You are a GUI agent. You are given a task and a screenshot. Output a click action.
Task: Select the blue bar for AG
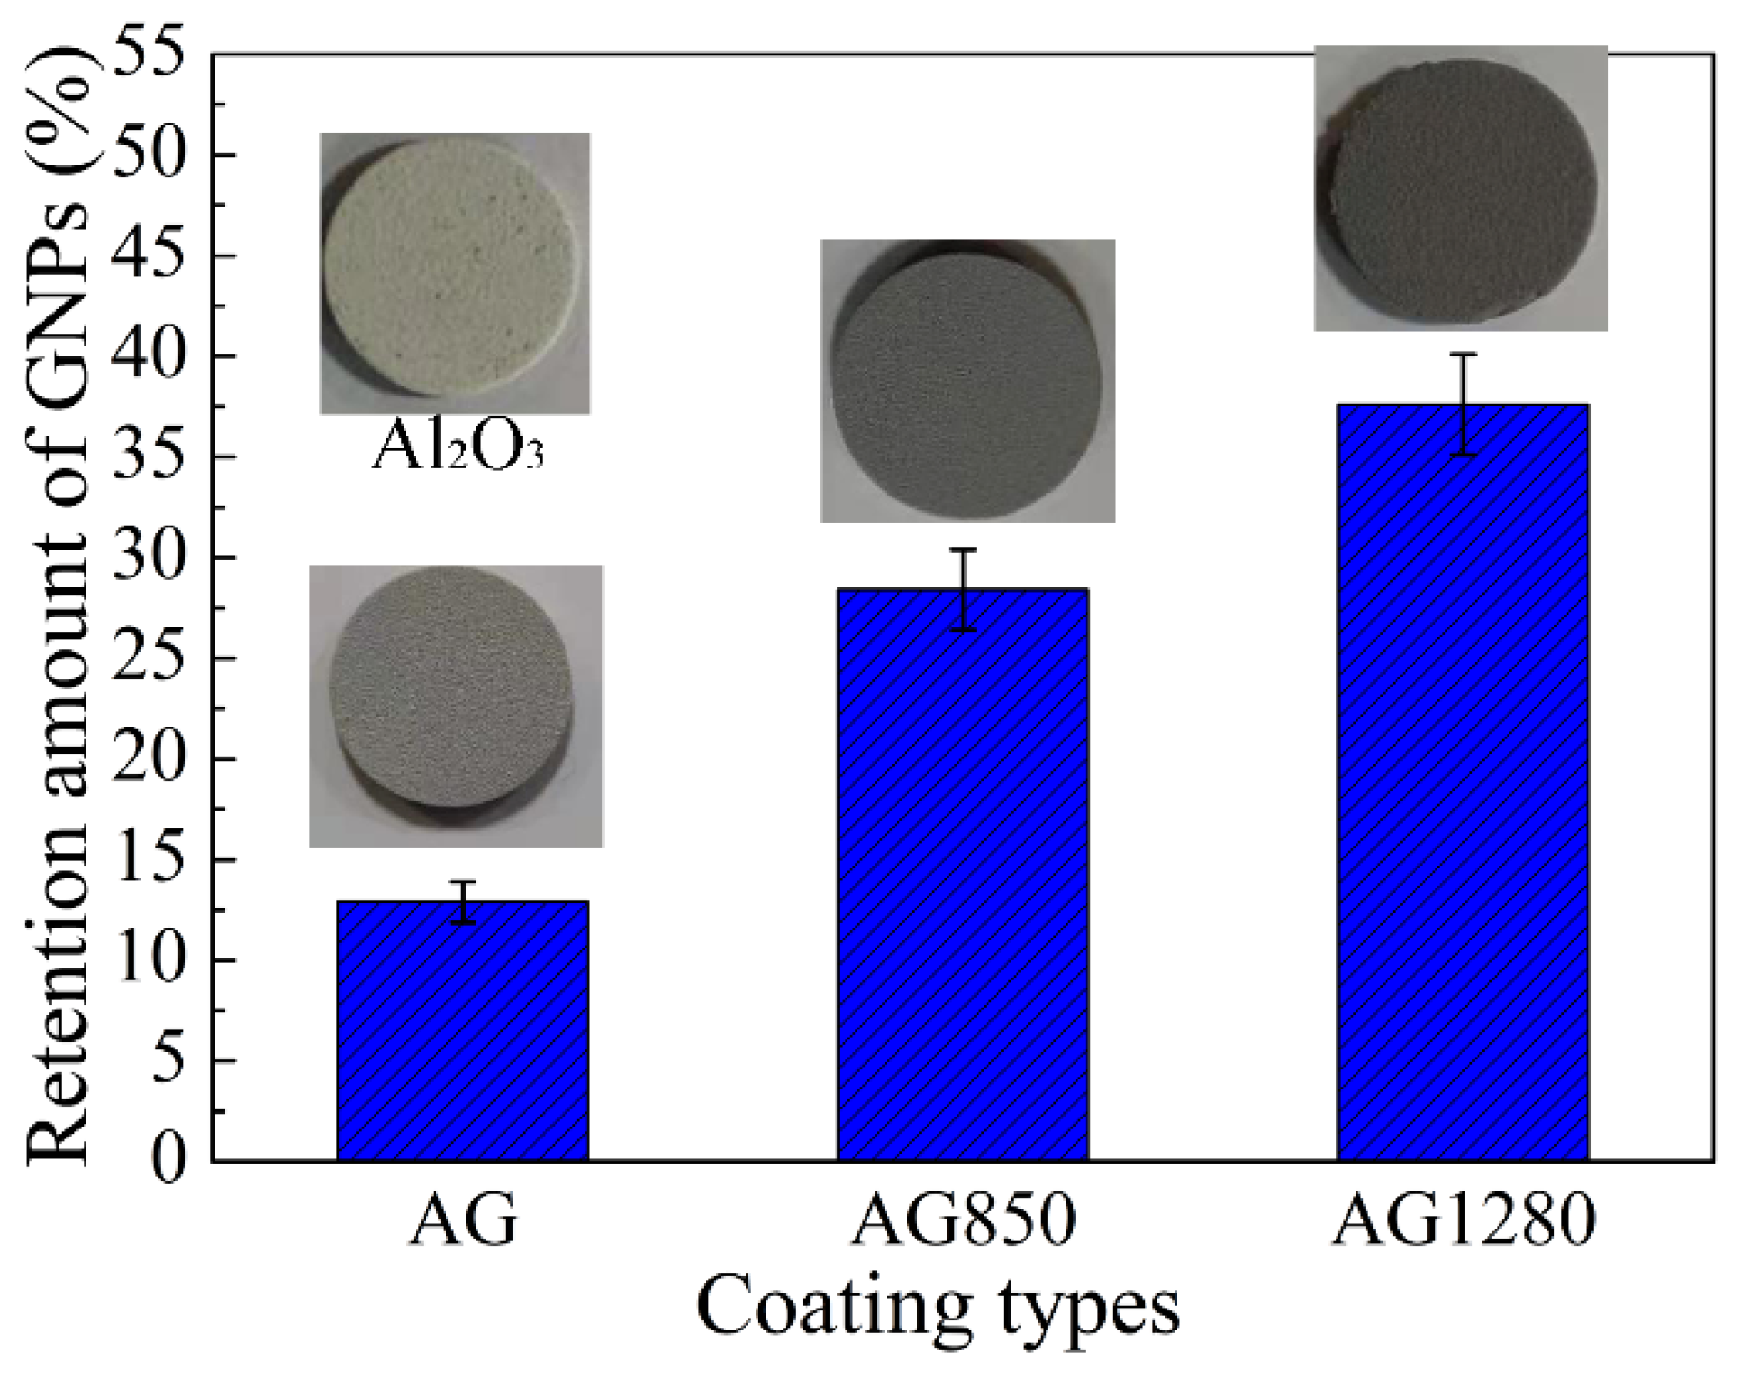[463, 1031]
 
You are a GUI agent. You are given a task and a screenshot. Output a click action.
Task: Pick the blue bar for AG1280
[1463, 782]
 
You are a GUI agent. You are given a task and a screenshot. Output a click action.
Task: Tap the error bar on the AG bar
[464, 902]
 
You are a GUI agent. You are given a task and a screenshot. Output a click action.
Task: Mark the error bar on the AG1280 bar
[1463, 404]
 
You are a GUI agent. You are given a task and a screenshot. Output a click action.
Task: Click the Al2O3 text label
[457, 448]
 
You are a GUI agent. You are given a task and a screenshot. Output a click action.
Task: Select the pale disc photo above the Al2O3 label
[455, 273]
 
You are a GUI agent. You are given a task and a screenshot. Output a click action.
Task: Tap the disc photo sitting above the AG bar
[456, 706]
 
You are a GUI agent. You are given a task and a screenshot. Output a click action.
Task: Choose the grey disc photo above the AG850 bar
[967, 380]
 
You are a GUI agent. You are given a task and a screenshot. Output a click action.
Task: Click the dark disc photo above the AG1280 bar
[1461, 188]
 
